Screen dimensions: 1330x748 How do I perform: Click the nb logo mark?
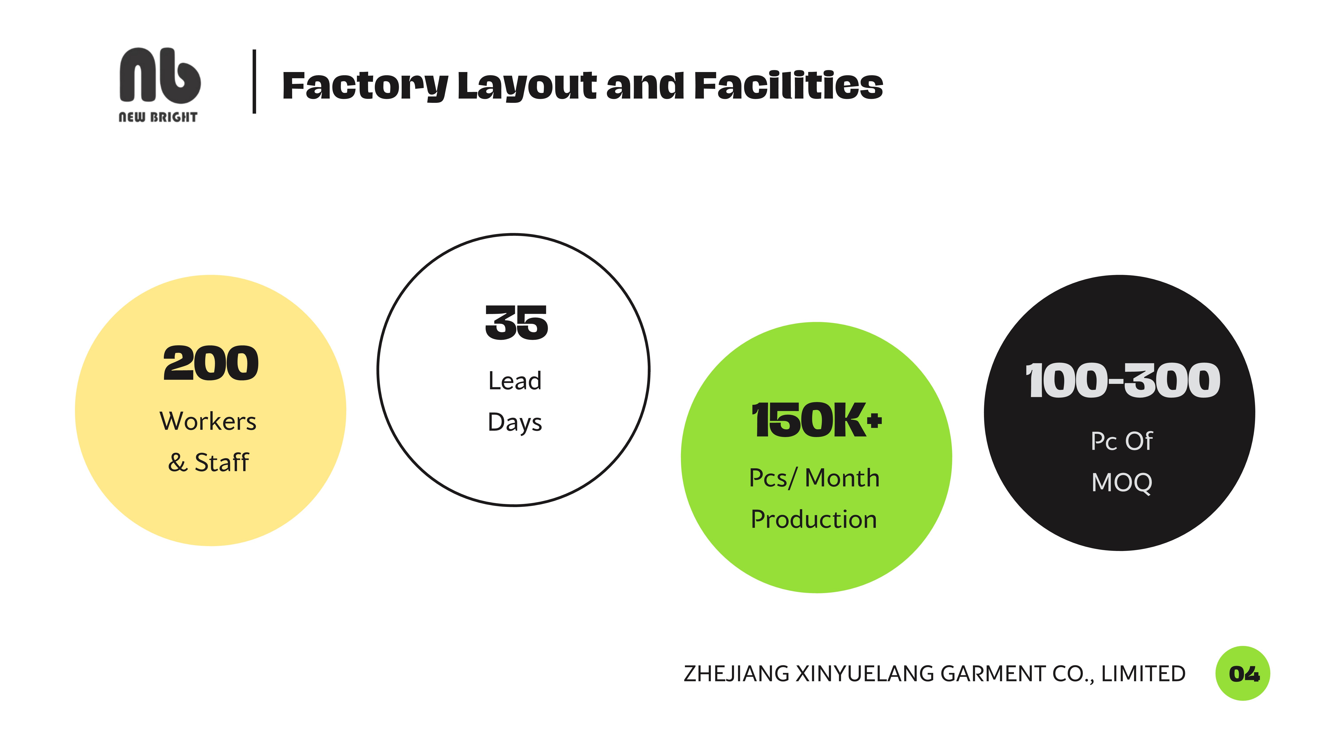tap(160, 75)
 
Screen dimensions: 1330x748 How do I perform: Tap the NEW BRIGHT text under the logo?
tap(158, 117)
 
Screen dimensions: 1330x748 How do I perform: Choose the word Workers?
tap(208, 421)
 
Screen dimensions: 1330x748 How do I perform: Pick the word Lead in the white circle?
tap(515, 381)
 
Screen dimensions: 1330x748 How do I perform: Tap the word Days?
tap(515, 422)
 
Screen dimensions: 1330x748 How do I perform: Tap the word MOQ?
tap(1122, 483)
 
